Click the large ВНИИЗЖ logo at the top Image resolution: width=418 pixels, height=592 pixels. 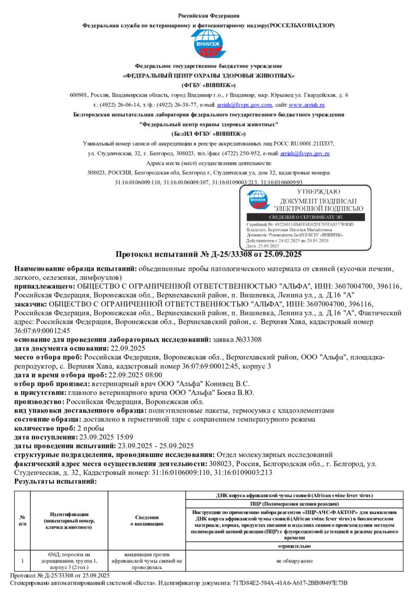pos(208,44)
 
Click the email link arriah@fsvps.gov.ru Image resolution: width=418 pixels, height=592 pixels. pos(305,153)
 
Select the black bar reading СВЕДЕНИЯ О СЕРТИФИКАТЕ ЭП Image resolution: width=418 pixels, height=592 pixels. pos(307,217)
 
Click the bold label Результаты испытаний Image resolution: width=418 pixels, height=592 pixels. pos(55,481)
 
